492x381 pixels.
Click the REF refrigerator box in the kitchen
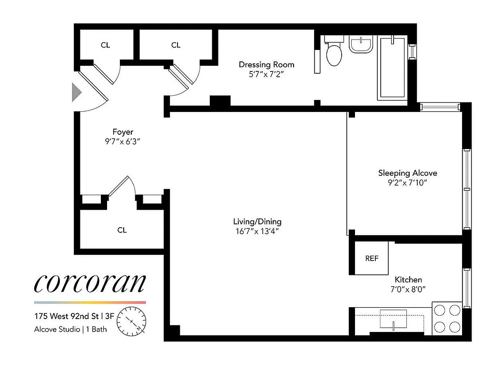tap(372, 258)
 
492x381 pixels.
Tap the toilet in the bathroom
tap(334, 53)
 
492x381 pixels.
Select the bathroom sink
tap(361, 45)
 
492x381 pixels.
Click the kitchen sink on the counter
tap(393, 319)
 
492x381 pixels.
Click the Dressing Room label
tap(266, 65)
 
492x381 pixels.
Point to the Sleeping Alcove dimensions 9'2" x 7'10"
tap(407, 183)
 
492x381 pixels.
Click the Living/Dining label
tap(257, 221)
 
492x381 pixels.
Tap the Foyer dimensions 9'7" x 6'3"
tap(123, 141)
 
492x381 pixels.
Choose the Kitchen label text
tap(408, 280)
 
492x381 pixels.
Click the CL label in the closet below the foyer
tap(122, 230)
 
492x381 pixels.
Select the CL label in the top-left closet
tap(105, 45)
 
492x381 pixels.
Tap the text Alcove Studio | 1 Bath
tap(70, 329)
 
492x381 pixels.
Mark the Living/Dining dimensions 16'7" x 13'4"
tap(257, 231)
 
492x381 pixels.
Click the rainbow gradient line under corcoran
tap(89, 302)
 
